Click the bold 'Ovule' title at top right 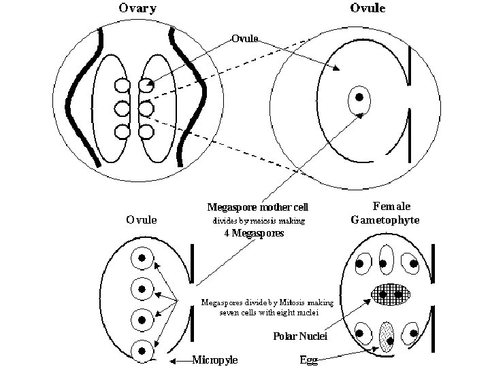(x=368, y=9)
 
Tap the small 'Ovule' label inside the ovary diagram (x=244, y=38)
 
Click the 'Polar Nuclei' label (x=300, y=336)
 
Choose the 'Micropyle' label (x=215, y=360)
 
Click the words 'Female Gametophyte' (x=385, y=212)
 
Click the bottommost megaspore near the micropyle (x=142, y=350)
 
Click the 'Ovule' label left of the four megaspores (x=142, y=220)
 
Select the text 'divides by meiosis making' (x=255, y=221)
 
